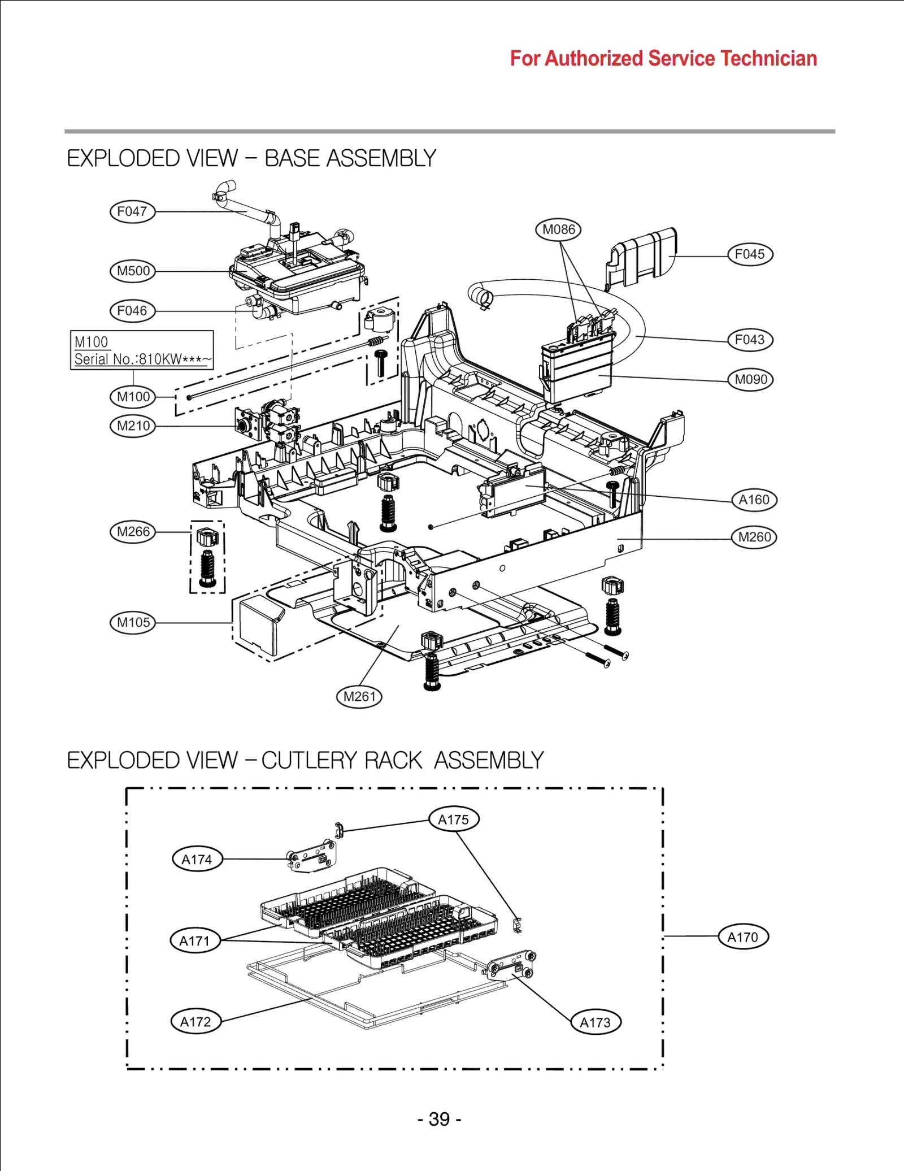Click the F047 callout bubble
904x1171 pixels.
[x=132, y=212]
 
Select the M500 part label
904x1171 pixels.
[x=133, y=271]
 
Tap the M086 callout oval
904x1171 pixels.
[x=558, y=229]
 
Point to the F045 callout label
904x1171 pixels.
[x=750, y=254]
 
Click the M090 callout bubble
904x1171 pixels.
[x=750, y=380]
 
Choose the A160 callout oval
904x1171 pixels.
[x=754, y=500]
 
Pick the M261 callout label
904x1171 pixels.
[x=359, y=697]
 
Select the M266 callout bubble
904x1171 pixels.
[x=133, y=532]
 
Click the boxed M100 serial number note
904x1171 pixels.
[x=142, y=350]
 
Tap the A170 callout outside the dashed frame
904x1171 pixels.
[x=743, y=938]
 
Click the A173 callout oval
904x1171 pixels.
[x=596, y=1022]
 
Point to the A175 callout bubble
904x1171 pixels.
[x=454, y=819]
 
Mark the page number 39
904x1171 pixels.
[x=440, y=1119]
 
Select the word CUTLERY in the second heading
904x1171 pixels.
[x=313, y=761]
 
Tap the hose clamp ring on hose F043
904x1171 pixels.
[x=481, y=296]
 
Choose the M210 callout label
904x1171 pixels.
[x=133, y=426]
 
